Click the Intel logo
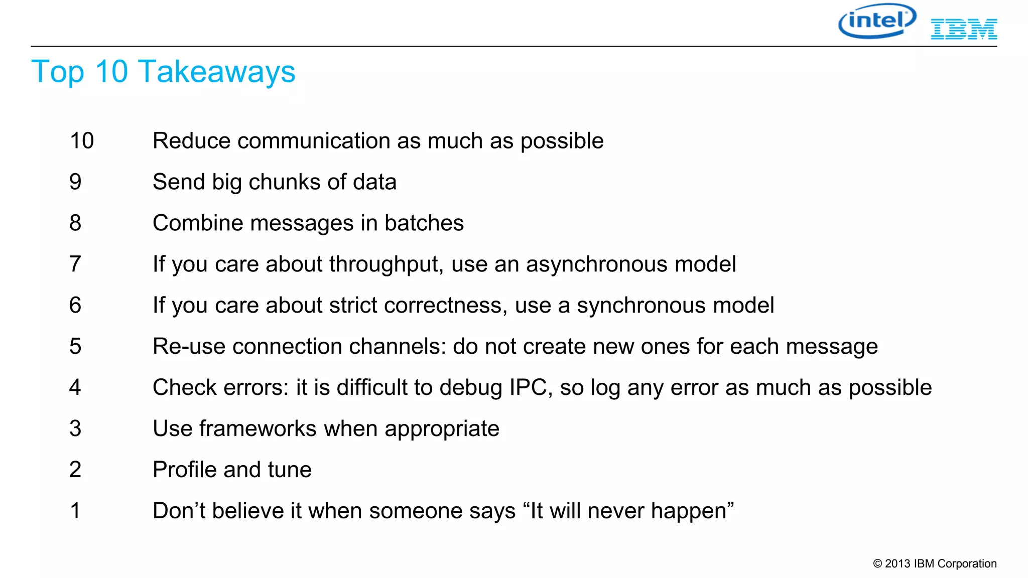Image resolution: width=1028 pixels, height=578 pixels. click(x=877, y=21)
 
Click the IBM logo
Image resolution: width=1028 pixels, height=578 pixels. click(x=964, y=29)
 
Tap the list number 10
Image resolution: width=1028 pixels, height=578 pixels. click(x=82, y=141)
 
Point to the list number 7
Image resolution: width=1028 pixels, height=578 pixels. click(x=75, y=264)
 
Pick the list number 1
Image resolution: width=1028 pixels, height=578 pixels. click(x=75, y=511)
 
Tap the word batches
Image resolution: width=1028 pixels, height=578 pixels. click(x=424, y=223)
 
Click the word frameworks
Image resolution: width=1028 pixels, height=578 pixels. click(x=258, y=429)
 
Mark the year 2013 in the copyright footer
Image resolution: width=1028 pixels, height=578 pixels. click(x=897, y=564)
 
